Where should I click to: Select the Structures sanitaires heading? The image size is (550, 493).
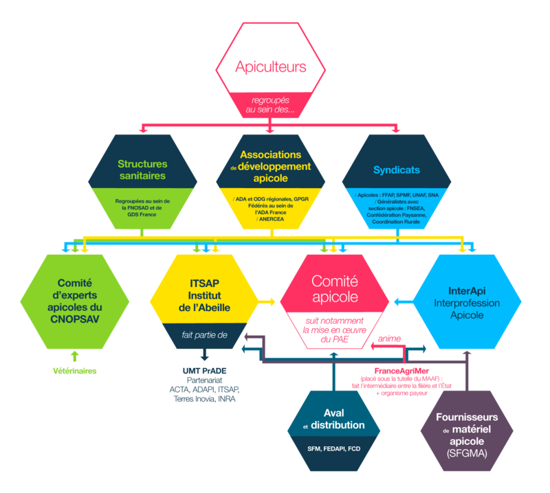(142, 170)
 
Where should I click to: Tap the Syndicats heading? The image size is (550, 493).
(397, 170)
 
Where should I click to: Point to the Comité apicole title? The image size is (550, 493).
(335, 289)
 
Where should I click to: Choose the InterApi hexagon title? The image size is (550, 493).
(467, 302)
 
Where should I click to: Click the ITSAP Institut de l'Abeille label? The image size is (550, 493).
(204, 296)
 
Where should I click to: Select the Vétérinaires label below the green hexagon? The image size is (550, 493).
(74, 371)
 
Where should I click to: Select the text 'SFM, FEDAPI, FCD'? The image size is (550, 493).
(333, 448)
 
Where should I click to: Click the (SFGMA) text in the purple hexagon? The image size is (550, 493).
(467, 454)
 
